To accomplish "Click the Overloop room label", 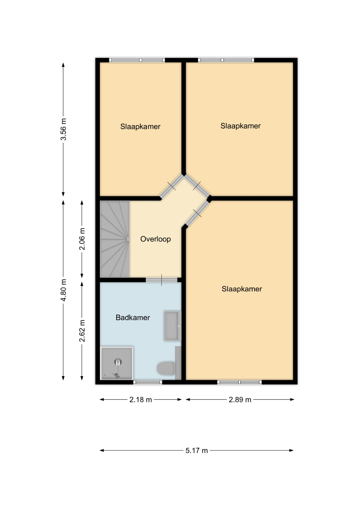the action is (156, 239).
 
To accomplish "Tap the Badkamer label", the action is (133, 317).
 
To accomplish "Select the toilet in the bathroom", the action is (166, 368).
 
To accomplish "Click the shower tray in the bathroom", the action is (117, 363).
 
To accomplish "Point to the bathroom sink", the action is (172, 326).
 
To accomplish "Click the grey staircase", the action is (115, 239).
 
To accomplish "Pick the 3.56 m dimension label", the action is (63, 129).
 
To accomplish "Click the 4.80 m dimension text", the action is (63, 290).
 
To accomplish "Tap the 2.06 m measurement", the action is (82, 239).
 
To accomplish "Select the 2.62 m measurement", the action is (82, 331).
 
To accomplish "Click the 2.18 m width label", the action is (140, 400).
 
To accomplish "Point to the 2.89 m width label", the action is (240, 400).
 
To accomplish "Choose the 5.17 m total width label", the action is (197, 451).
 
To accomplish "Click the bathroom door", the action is (162, 280).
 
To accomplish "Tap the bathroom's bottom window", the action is (148, 382).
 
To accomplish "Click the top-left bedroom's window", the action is (137, 60).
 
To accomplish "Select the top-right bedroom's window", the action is (226, 60).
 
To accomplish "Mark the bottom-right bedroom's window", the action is (239, 382).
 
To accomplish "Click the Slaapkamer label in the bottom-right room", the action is (242, 289).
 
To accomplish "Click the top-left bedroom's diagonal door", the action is (171, 186).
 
